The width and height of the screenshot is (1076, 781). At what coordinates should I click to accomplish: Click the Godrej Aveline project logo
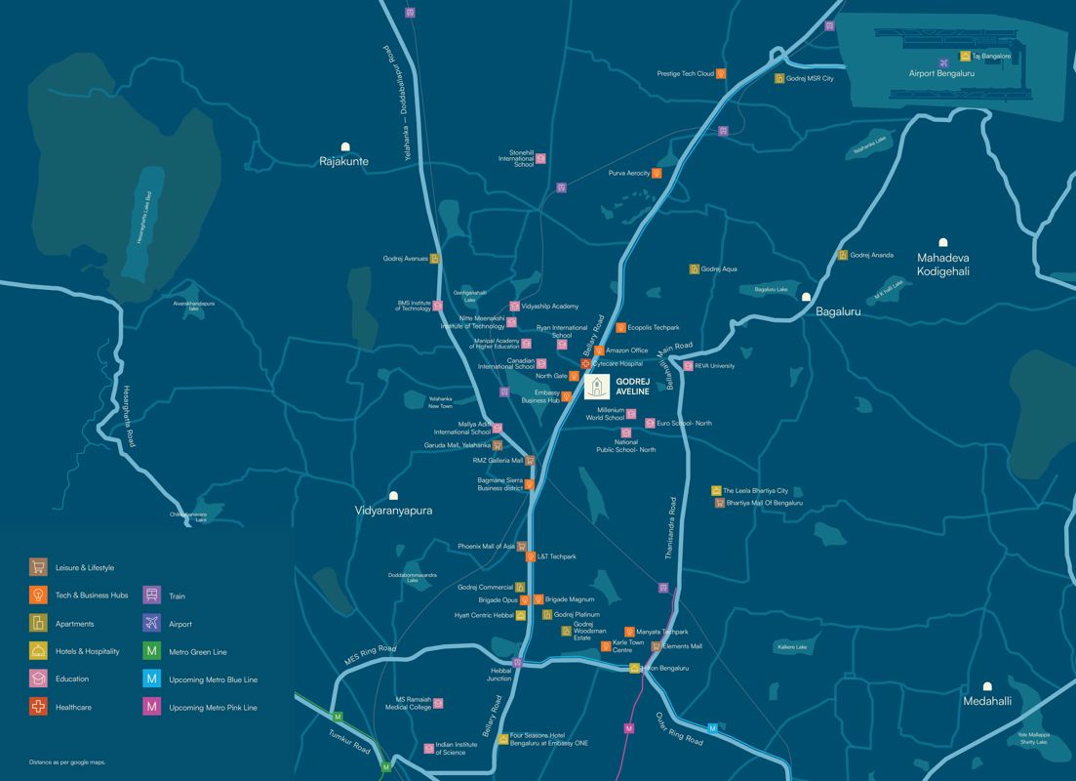pos(597,387)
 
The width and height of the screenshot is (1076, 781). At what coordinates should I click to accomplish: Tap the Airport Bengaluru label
pos(941,73)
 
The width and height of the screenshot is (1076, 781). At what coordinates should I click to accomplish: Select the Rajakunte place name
pos(344,161)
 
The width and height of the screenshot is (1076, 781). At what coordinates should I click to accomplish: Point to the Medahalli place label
pos(987,701)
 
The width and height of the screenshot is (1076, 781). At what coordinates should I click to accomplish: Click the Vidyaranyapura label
pos(393,511)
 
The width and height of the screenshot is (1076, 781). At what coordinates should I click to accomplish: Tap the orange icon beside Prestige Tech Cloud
pos(721,73)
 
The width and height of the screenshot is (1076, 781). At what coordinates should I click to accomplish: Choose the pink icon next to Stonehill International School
pos(540,158)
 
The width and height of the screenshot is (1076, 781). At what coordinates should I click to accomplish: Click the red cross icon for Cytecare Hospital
pos(585,364)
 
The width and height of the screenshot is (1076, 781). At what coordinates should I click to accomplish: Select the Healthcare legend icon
pos(38,707)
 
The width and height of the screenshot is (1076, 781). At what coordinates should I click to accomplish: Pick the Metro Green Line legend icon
pos(151,651)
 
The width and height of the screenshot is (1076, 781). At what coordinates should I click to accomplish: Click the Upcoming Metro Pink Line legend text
pos(213,707)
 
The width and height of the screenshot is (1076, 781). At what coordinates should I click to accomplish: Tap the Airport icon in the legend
pos(151,623)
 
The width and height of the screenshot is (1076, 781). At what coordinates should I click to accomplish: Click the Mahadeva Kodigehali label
pos(942,264)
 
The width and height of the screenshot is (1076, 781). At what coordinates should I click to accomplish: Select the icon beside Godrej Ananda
pos(842,256)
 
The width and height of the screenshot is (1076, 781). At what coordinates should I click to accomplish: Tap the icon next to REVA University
pos(688,366)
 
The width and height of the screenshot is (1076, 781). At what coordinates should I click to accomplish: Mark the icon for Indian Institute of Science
pos(429,749)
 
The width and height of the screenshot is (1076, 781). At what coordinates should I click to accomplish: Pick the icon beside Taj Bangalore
pos(965,57)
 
